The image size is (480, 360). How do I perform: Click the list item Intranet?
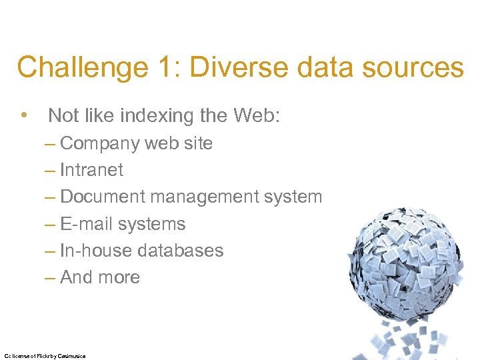[91, 170]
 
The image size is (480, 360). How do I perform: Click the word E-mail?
[86, 224]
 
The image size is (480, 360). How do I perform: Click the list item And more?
[99, 277]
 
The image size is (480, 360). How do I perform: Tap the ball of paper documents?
[411, 260]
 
